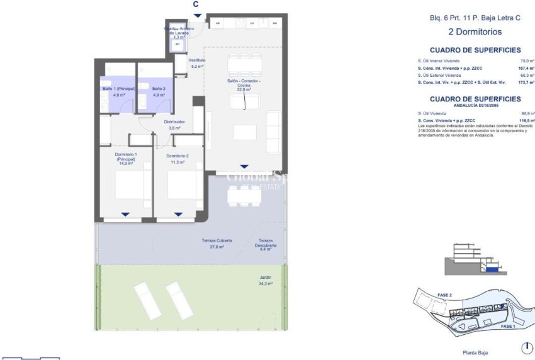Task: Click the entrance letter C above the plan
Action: pyautogui.click(x=196, y=4)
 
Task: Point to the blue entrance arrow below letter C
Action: pyautogui.click(x=198, y=16)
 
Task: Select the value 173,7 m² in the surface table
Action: pyautogui.click(x=526, y=82)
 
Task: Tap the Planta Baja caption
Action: pyautogui.click(x=475, y=352)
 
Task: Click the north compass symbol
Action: pyautogui.click(x=527, y=348)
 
